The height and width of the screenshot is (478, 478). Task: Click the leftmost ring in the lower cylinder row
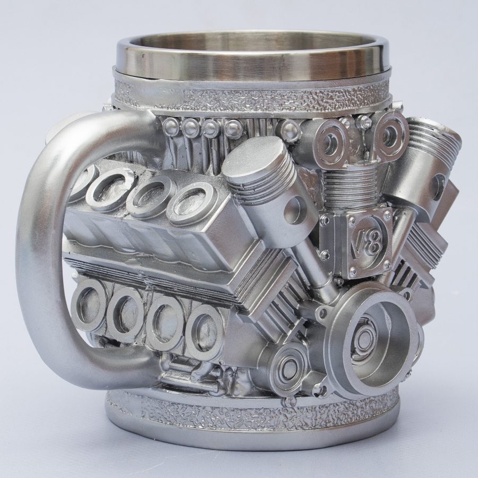coord(86,305)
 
